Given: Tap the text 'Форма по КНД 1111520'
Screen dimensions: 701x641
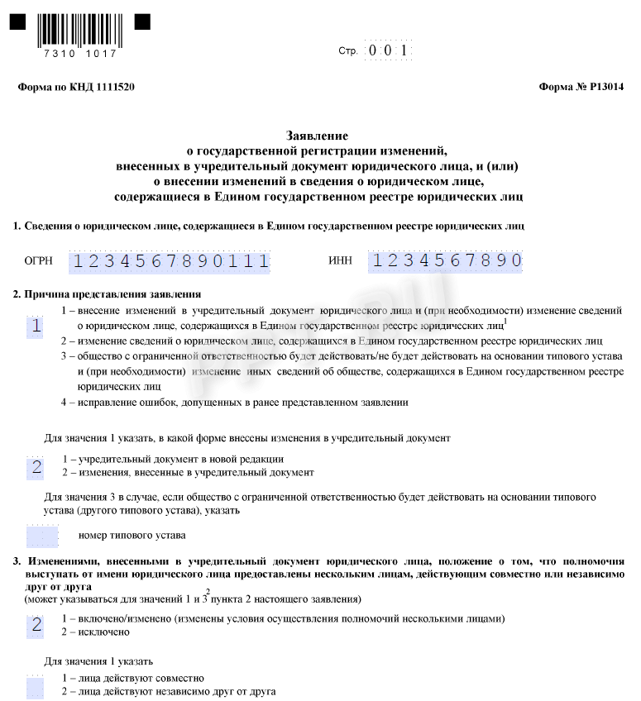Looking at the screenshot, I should click(x=75, y=87).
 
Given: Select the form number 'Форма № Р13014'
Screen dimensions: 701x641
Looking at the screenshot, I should click(x=581, y=87).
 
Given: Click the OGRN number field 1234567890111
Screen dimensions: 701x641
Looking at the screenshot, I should click(x=170, y=261).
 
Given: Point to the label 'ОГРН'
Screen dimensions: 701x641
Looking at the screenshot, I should click(x=39, y=261).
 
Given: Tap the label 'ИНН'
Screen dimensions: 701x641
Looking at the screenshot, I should click(x=340, y=261).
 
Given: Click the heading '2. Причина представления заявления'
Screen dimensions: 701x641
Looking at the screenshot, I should click(x=108, y=294).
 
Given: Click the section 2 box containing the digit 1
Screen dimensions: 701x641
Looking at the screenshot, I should click(x=36, y=326).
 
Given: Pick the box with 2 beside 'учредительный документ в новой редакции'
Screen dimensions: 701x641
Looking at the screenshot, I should click(x=36, y=467).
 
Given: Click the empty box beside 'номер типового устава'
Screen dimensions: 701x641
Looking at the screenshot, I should click(x=42, y=536).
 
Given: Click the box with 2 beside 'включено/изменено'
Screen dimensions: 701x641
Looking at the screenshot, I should click(x=36, y=625).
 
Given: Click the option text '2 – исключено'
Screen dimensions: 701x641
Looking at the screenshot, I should click(x=96, y=632).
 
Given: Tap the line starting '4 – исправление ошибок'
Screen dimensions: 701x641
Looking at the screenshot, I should click(x=234, y=403).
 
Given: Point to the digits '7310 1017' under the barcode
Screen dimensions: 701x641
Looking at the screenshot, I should click(x=79, y=54).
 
